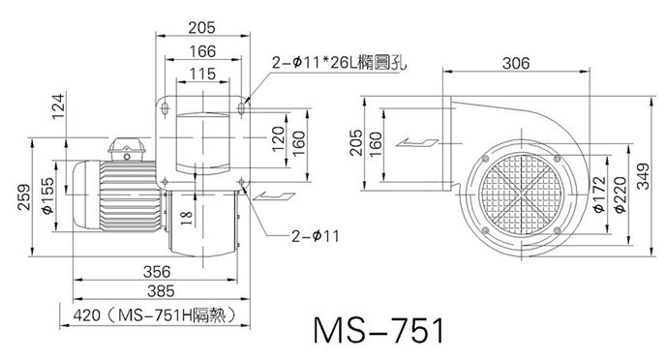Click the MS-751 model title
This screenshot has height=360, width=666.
click(x=379, y=331)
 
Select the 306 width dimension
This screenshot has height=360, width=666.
click(x=516, y=63)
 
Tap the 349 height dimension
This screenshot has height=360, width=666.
click(x=644, y=176)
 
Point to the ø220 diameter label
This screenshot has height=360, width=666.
click(x=621, y=195)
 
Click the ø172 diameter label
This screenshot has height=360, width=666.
click(x=599, y=195)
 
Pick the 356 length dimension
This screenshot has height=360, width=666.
click(x=157, y=272)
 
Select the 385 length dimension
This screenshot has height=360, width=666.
click(x=161, y=291)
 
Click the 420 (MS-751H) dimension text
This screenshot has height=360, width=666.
click(x=154, y=315)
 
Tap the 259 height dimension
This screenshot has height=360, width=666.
click(x=24, y=197)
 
